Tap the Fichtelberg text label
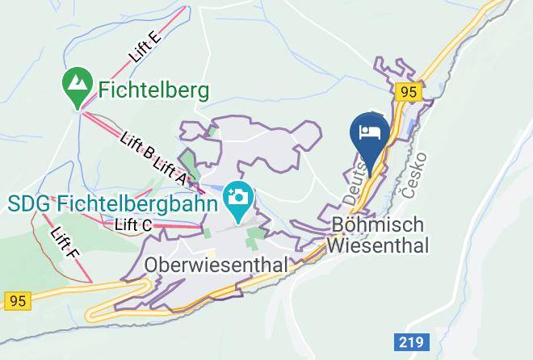tap(154, 88)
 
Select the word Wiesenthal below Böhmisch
tap(378, 243)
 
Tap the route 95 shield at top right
tap(409, 93)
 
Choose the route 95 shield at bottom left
tap(16, 300)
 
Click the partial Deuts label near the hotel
tap(356, 178)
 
